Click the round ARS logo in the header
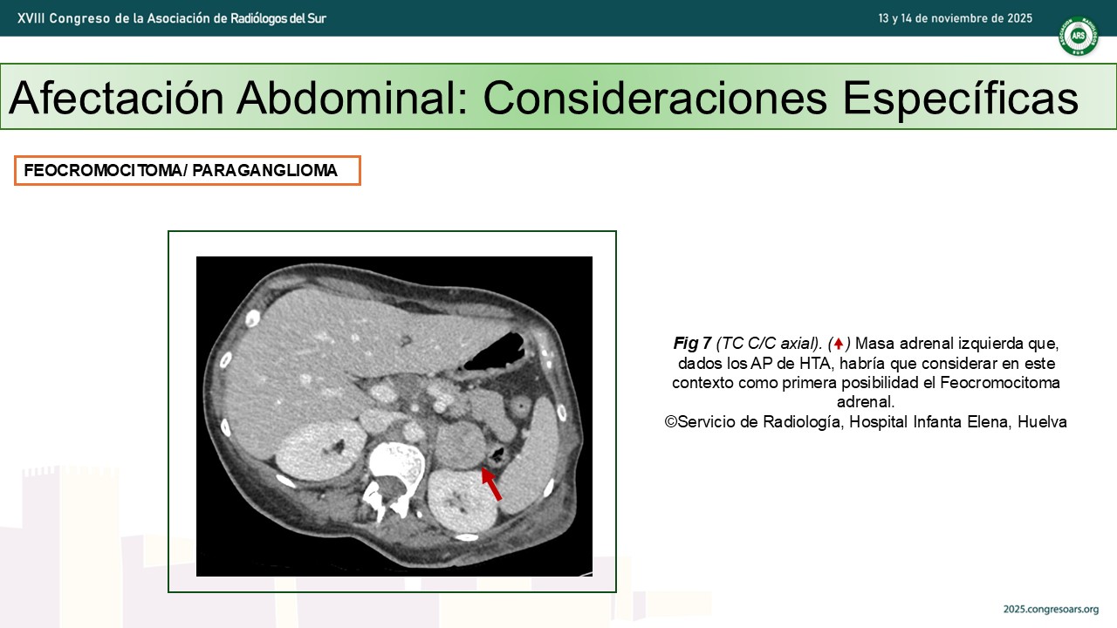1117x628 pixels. point(1079,36)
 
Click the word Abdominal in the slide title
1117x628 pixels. point(352,97)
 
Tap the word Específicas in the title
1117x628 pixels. point(961,99)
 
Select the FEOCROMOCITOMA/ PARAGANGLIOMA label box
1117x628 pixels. point(188,170)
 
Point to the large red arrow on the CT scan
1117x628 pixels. point(491,483)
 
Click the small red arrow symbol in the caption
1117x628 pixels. point(839,344)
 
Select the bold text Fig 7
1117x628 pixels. point(692,344)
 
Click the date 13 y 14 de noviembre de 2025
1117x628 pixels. point(955,18)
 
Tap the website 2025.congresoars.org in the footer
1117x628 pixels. point(1052,609)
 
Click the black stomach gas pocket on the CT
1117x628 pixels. point(495,352)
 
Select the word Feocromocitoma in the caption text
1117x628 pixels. point(1000,383)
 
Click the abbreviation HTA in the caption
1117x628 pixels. point(815,364)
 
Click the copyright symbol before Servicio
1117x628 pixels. point(671,421)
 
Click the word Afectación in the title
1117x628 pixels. point(116,97)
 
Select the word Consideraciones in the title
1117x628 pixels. point(655,97)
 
